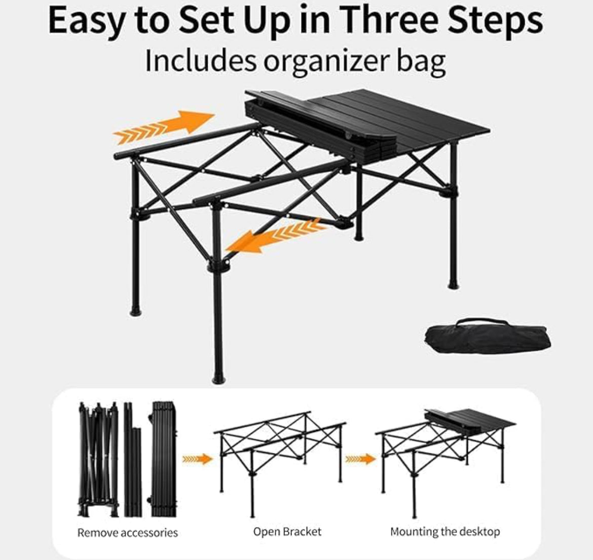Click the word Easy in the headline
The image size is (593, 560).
click(x=86, y=21)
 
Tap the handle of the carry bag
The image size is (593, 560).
click(x=482, y=322)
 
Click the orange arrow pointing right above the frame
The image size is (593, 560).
click(x=164, y=127)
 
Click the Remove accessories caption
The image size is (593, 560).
click(x=127, y=533)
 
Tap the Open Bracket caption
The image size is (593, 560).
click(x=287, y=532)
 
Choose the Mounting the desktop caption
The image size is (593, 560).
click(x=445, y=532)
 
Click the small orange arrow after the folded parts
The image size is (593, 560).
click(x=197, y=459)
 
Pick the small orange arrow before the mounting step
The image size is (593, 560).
click(x=360, y=459)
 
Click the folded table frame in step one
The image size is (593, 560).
click(x=98, y=460)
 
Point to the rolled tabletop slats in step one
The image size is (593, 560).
click(x=164, y=459)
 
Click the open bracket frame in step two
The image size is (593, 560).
click(x=280, y=464)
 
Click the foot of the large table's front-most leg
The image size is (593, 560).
click(x=218, y=379)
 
